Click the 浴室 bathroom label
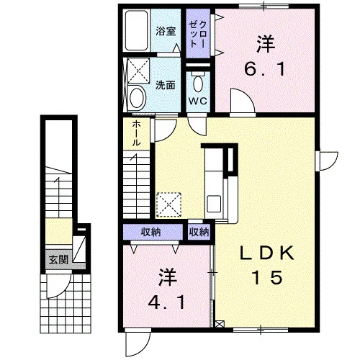pos(166,31)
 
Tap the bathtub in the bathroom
pos(136,30)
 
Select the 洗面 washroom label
pos(166,85)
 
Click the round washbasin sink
pos(138,98)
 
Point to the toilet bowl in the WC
pos(198,82)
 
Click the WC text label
pos(198,101)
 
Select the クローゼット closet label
pos(198,34)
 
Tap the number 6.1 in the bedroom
pos(265,69)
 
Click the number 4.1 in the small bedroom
pos(166,302)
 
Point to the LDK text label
pos(267,253)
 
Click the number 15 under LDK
pos(267,277)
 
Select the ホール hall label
pos(136,134)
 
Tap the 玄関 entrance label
pos(59,260)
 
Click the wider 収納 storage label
pos(150,232)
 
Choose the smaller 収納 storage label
pos(199,232)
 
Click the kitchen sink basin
pos(214,204)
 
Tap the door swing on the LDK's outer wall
pos(333,163)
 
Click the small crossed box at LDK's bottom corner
pos(220,325)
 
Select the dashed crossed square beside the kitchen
pos(168,204)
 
